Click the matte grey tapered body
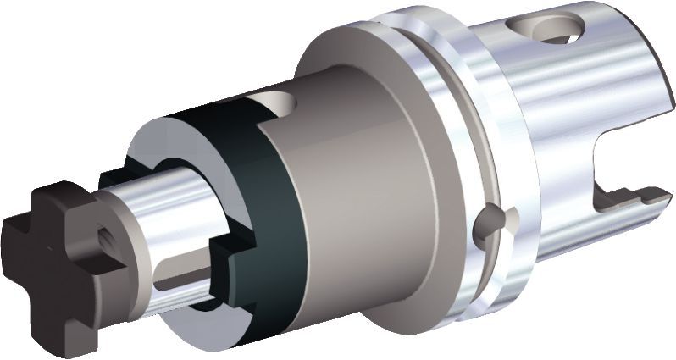tap(356, 186)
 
